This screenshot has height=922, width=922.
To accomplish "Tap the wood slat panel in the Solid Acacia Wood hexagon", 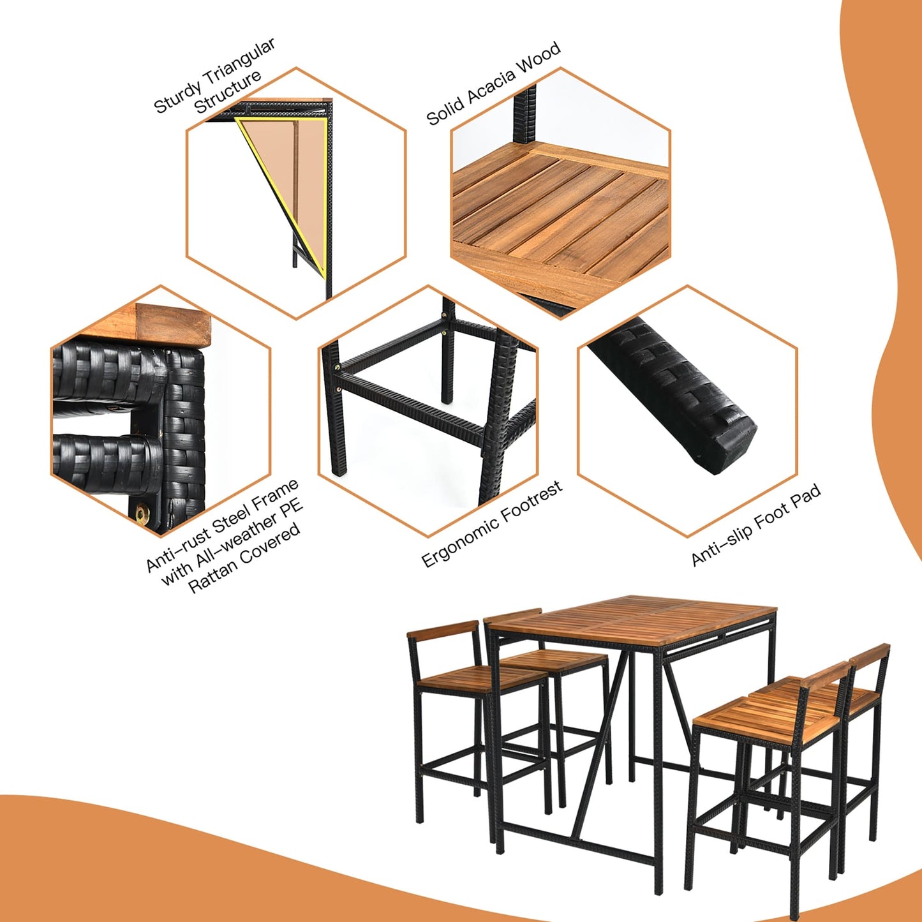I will click(561, 217).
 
